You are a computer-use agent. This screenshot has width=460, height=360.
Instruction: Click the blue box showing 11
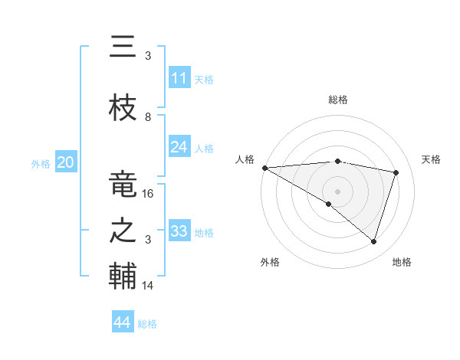[179, 78]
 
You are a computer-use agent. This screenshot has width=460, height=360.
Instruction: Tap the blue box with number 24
[179, 147]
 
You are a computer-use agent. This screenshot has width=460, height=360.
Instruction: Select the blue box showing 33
[179, 231]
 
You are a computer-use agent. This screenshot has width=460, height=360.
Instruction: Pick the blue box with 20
[66, 162]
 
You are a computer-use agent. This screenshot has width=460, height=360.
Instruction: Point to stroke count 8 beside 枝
[148, 117]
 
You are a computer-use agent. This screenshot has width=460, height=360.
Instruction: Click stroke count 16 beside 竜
[149, 194]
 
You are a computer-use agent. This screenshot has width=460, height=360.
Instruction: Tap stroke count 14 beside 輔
[149, 286]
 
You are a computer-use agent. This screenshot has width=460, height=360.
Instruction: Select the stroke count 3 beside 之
[148, 240]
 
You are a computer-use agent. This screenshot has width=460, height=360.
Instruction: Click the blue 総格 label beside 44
[148, 324]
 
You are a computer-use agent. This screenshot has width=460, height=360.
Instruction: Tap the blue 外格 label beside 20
[41, 163]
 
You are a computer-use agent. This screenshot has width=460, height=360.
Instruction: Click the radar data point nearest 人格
[264, 168]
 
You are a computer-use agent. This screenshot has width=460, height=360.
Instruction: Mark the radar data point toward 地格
[373, 241]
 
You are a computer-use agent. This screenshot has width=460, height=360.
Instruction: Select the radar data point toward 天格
[396, 172]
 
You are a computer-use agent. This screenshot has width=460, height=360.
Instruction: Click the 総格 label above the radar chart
[338, 100]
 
